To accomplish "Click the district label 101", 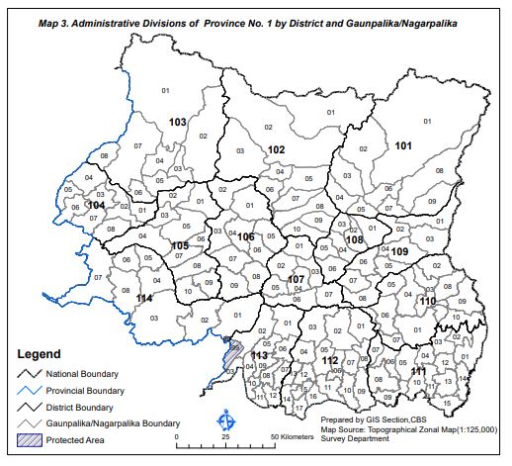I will tap(403, 146).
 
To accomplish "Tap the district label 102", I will tap(277, 149).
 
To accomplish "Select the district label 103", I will tap(178, 122).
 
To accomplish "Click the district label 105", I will tap(180, 245).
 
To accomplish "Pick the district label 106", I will tap(246, 236).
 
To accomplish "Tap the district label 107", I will tap(296, 280).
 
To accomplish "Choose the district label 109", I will tap(399, 252).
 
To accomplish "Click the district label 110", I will tap(428, 300).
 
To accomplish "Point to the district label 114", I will tap(145, 298).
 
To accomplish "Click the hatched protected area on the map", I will tap(231, 351).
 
